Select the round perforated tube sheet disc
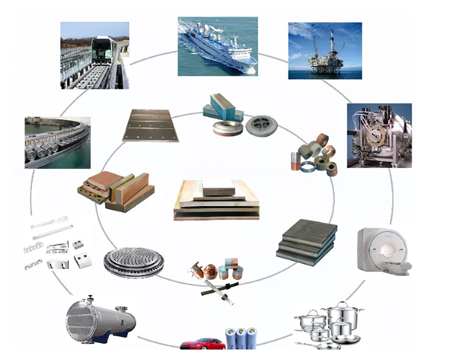click(x=133, y=262)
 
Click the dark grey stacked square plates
click(x=306, y=241)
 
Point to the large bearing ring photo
click(x=57, y=143)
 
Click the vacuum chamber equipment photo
click(x=379, y=135)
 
